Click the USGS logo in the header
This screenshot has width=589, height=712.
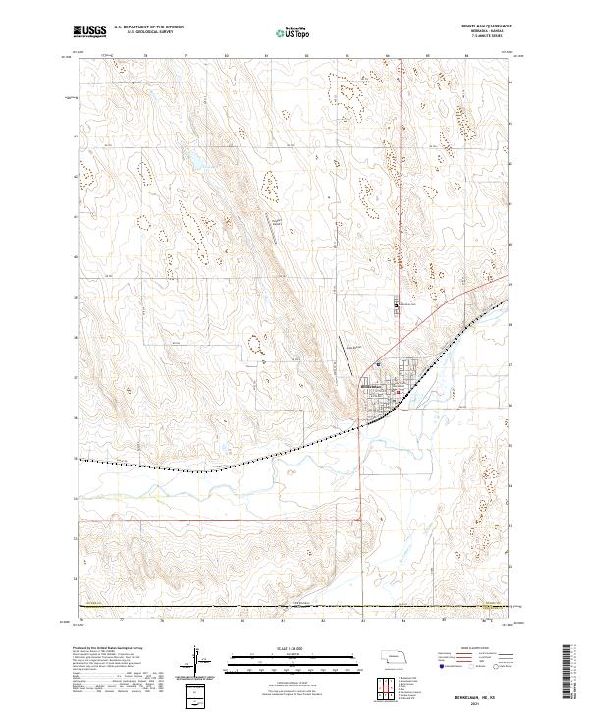[89, 31]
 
